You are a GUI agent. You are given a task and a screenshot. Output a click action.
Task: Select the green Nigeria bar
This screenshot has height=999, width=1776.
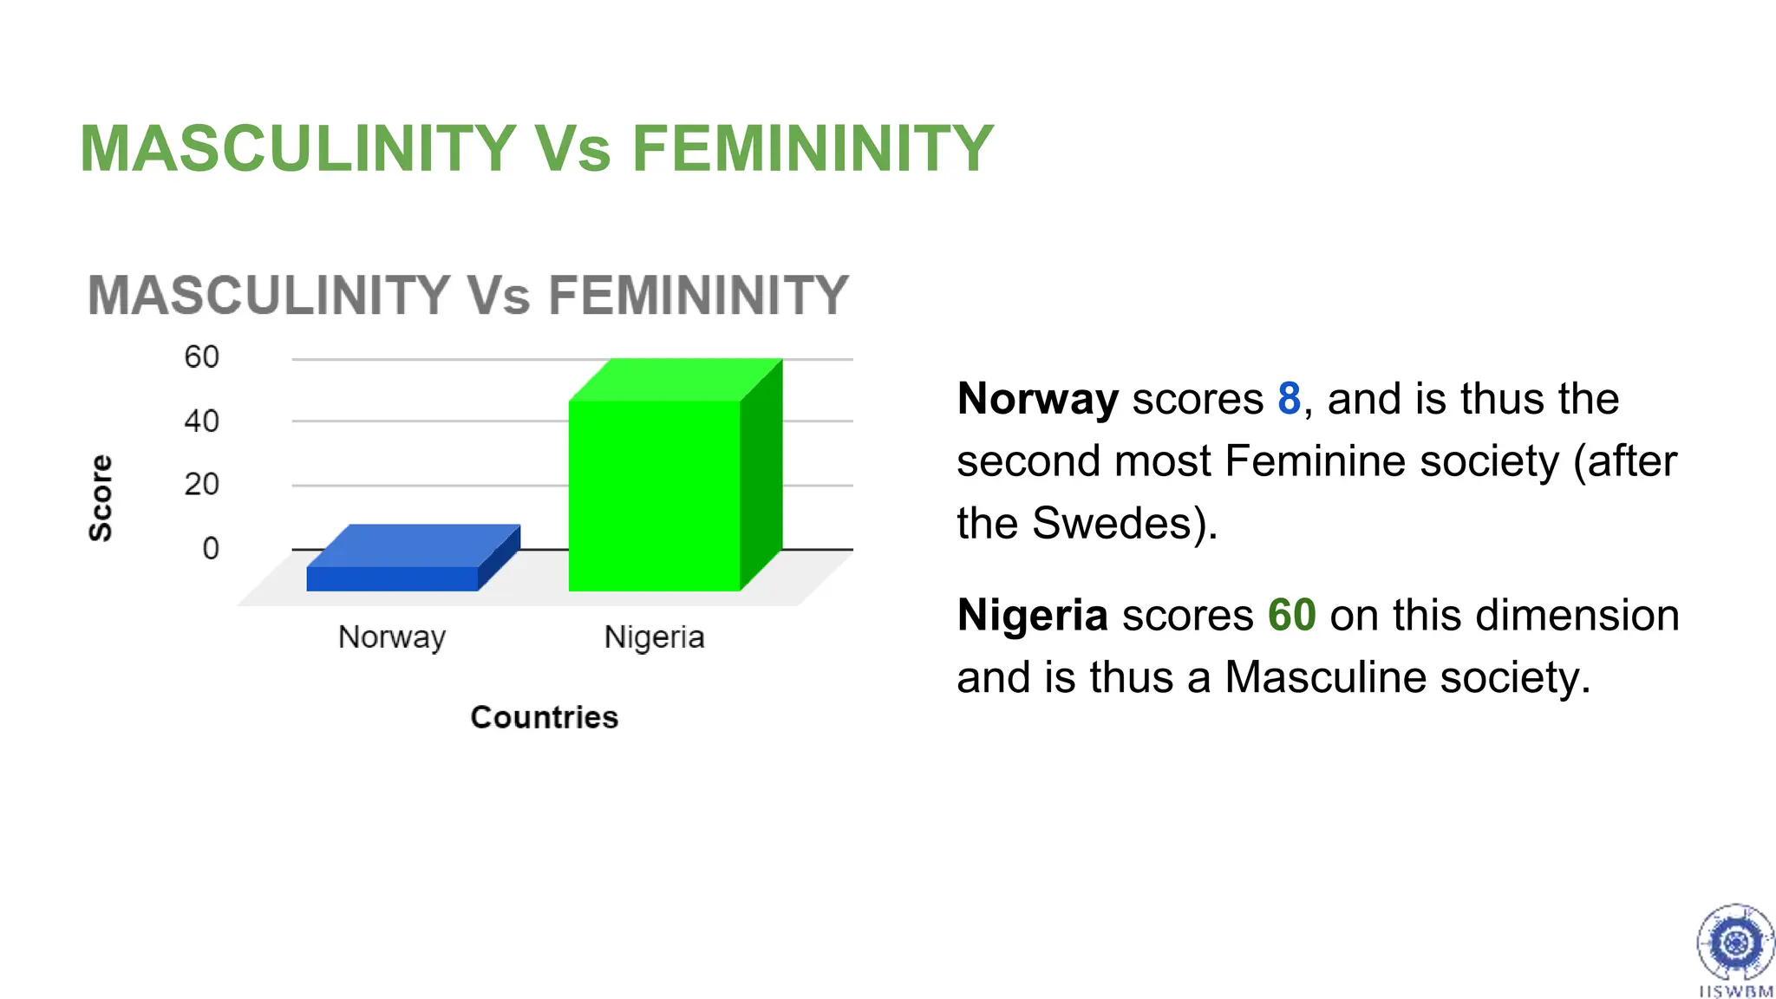pyautogui.click(x=655, y=494)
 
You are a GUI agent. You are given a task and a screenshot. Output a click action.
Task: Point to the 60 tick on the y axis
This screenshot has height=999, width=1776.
pyautogui.click(x=201, y=357)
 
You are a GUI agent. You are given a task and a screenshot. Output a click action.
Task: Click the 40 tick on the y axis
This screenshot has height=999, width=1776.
pyautogui.click(x=201, y=421)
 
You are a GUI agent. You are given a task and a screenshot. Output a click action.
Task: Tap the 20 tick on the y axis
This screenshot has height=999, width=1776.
pyautogui.click(x=201, y=484)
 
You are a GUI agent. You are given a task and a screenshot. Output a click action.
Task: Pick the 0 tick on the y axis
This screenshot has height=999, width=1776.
pyautogui.click(x=210, y=548)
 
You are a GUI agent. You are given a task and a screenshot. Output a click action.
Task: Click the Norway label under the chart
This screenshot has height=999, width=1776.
pyautogui.click(x=392, y=637)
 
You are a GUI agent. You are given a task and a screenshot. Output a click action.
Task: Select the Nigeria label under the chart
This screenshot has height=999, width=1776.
pyautogui.click(x=654, y=637)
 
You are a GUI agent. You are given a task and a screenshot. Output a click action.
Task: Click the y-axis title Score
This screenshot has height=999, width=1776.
pyautogui.click(x=101, y=498)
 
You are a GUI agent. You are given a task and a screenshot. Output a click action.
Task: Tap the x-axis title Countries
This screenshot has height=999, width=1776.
pyautogui.click(x=545, y=717)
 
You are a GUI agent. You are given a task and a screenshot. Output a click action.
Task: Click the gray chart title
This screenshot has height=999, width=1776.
pyautogui.click(x=468, y=295)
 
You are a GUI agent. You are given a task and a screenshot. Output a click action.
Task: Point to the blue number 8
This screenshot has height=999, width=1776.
pyautogui.click(x=1289, y=399)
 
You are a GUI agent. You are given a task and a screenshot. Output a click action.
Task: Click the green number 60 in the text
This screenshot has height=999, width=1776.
pyautogui.click(x=1291, y=615)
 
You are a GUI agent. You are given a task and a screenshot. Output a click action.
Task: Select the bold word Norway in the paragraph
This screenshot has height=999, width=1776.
pyautogui.click(x=1037, y=399)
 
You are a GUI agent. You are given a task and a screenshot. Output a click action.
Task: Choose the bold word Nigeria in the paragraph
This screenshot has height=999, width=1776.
pyautogui.click(x=1032, y=615)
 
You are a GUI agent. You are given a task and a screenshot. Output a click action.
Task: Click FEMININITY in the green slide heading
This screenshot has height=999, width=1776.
pyautogui.click(x=813, y=148)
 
